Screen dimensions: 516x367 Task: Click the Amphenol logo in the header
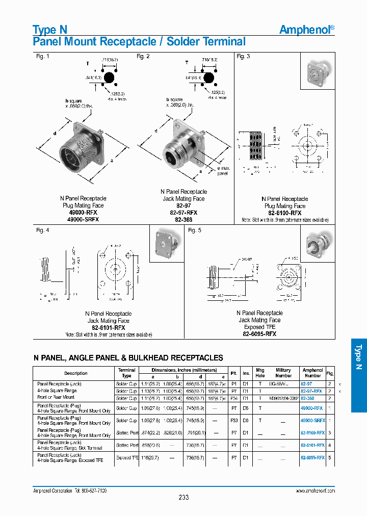click(x=307, y=30)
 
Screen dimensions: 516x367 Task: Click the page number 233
click(x=183, y=497)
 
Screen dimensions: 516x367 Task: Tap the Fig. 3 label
click(x=243, y=57)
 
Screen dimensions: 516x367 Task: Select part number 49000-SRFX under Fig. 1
click(x=83, y=219)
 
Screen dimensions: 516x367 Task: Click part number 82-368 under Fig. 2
click(x=183, y=220)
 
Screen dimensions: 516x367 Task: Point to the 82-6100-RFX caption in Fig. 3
click(x=284, y=213)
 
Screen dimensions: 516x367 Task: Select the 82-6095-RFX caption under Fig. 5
click(x=259, y=334)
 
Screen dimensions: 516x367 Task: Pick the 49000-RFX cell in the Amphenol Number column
click(x=312, y=408)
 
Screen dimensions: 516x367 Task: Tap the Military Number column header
click(x=283, y=373)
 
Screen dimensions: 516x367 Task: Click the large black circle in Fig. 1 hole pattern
click(x=109, y=78)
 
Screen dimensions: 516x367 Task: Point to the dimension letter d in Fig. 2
click(x=155, y=131)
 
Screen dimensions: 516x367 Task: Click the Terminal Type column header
click(x=127, y=373)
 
